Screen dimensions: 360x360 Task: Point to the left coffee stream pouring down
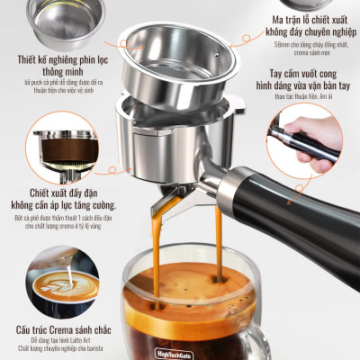159,247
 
